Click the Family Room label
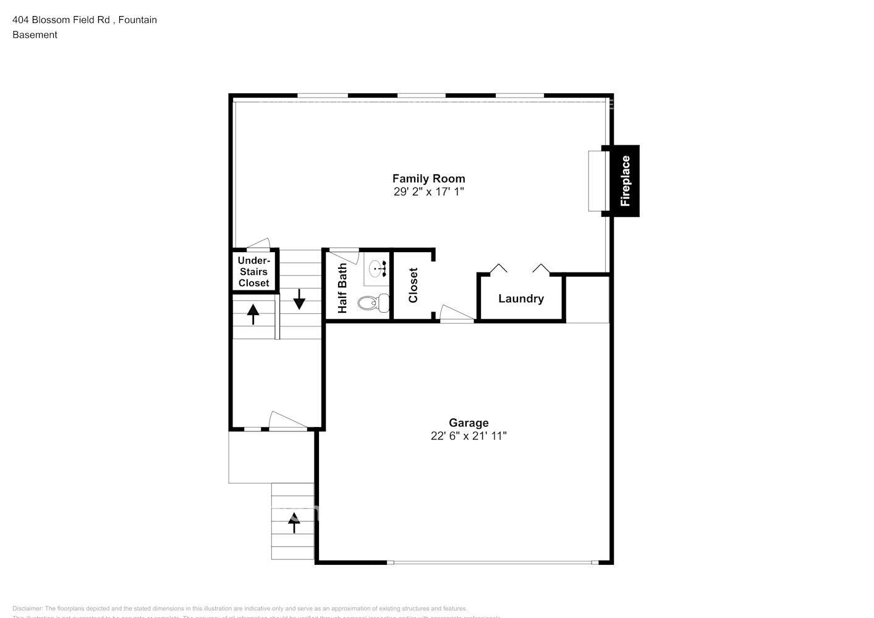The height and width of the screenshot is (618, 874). pos(428,179)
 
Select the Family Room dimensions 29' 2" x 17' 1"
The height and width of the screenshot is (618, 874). pos(428,192)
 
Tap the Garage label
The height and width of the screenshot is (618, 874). pos(469,423)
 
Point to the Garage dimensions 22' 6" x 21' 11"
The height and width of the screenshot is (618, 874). pos(469,436)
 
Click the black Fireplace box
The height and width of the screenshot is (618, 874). pos(624,181)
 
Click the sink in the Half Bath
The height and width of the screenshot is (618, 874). pos(377,268)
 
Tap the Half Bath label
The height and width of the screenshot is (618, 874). pos(342,288)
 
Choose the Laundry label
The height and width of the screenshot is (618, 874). pos(521,298)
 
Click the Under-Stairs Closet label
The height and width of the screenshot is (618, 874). pos(253,272)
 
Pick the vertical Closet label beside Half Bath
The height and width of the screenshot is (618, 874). pos(414,285)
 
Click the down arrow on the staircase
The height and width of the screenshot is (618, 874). pos(299,298)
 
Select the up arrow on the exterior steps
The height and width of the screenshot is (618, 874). pos(294,522)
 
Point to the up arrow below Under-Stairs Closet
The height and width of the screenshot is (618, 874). pos(253,314)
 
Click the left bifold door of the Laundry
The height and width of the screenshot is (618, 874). pos(498,269)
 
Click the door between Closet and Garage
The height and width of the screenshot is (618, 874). pos(456,314)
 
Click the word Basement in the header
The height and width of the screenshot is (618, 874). pos(35,35)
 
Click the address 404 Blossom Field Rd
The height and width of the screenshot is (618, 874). pos(61,20)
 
